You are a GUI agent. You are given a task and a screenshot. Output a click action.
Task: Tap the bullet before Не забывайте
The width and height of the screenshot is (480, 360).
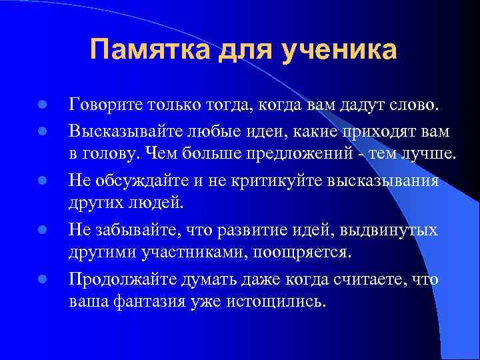41,230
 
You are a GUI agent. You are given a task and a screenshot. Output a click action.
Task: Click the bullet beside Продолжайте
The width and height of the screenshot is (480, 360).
41,279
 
